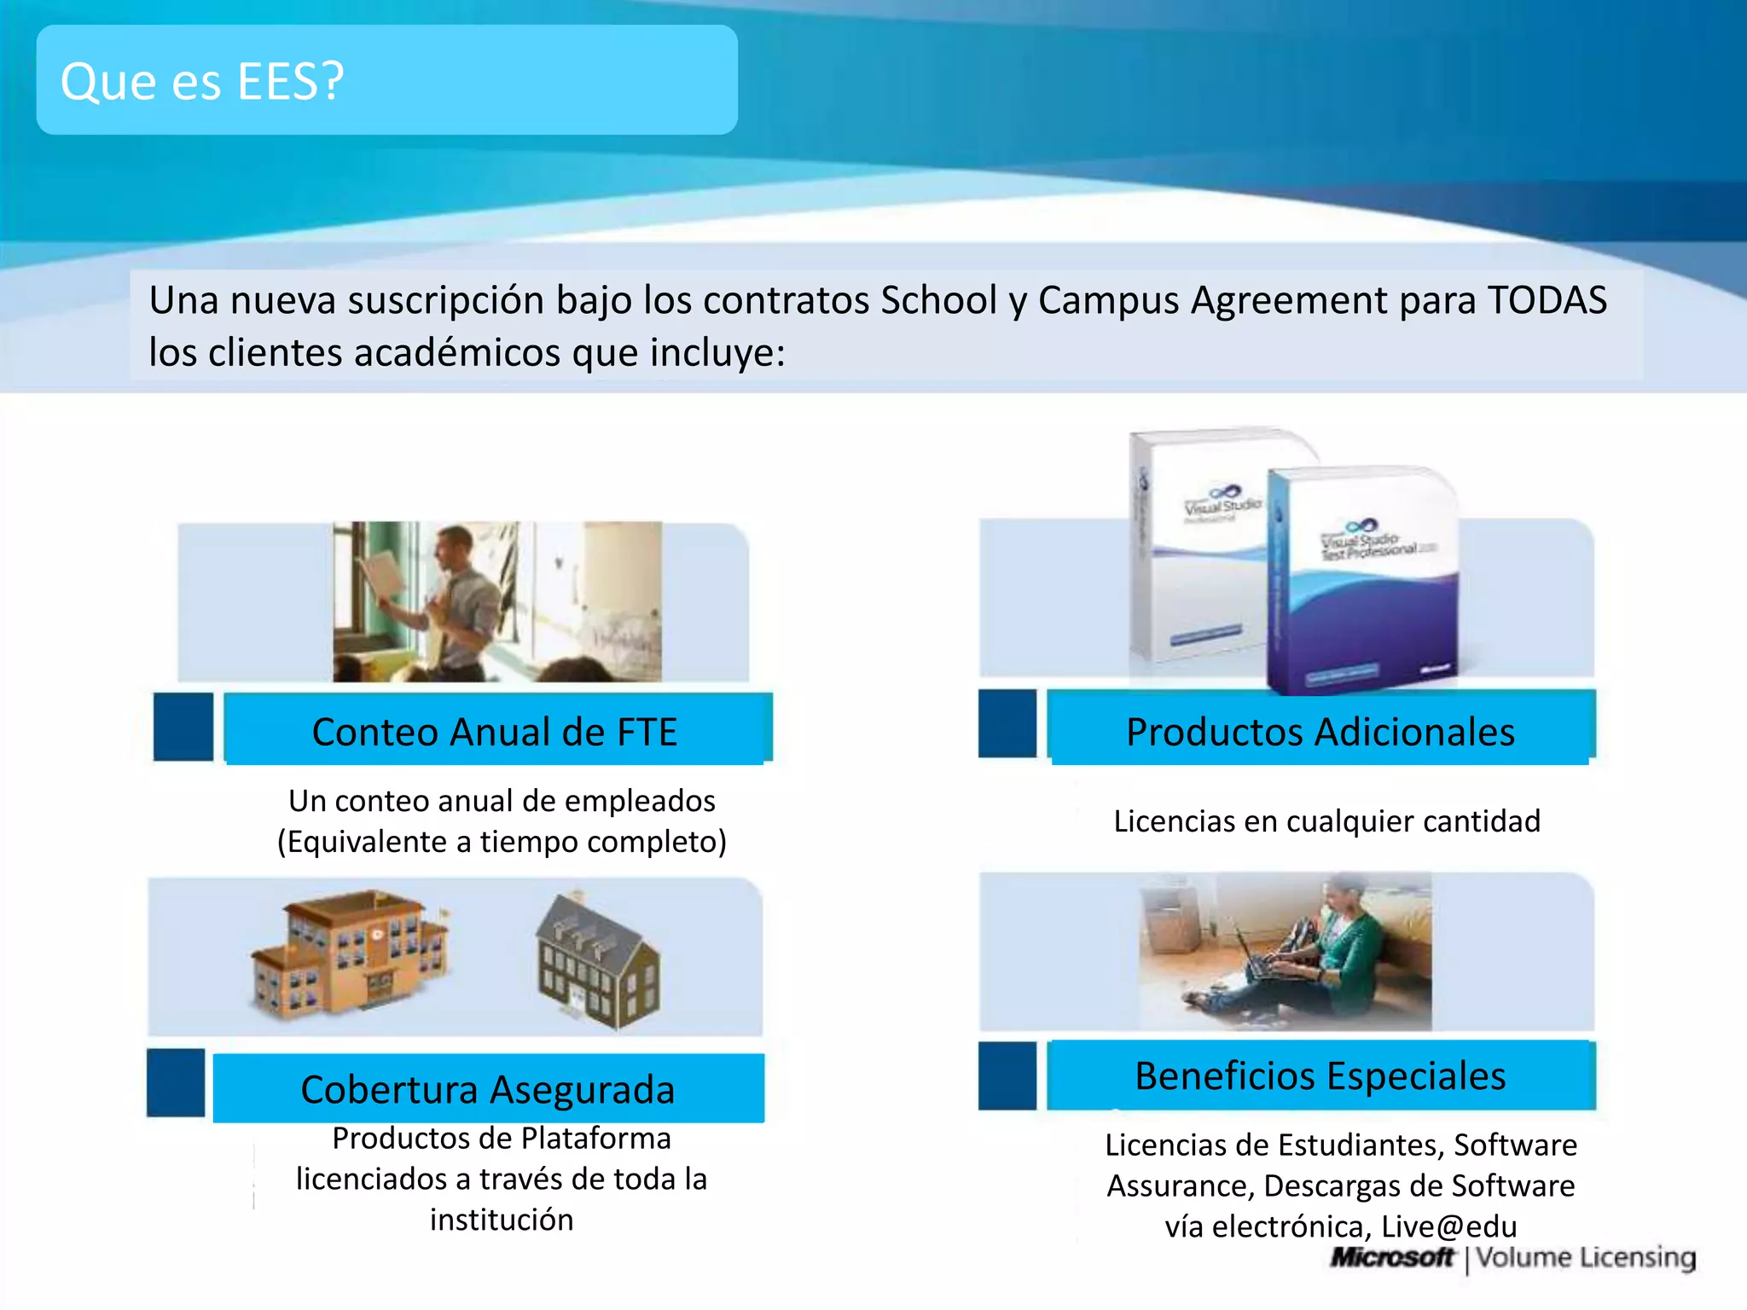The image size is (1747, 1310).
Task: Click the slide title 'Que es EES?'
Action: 202,82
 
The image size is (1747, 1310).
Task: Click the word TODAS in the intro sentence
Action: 1547,300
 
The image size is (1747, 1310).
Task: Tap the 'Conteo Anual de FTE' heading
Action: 495,732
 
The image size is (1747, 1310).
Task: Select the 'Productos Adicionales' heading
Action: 1320,732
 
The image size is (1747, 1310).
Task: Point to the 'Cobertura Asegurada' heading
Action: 488,1089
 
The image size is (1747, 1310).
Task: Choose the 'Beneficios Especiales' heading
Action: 1320,1075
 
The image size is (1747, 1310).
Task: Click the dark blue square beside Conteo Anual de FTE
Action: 183,727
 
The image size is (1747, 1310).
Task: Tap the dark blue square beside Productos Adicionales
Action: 1007,723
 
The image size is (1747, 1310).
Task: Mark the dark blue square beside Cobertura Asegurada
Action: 176,1082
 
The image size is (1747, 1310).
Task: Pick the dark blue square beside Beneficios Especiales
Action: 1007,1075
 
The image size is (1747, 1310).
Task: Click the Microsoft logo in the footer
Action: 1392,1257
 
